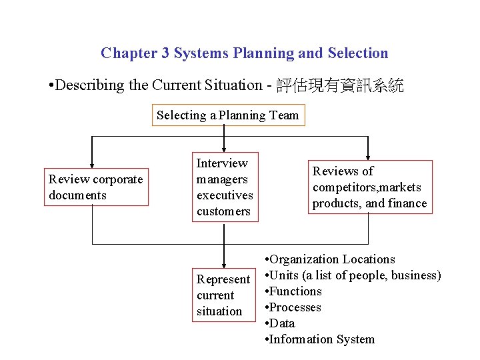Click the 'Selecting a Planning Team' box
point(228,115)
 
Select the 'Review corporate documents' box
point(97,187)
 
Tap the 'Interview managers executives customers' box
point(225,187)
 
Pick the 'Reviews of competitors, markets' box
point(369,187)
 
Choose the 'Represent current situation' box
point(223,295)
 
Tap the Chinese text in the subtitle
point(339,85)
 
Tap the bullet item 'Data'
point(283,323)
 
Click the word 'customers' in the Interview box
point(223,211)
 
